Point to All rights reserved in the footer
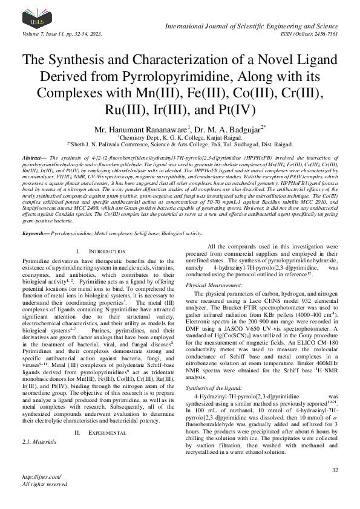(x=45, y=501)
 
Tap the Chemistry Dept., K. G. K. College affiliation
(x=180, y=137)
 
